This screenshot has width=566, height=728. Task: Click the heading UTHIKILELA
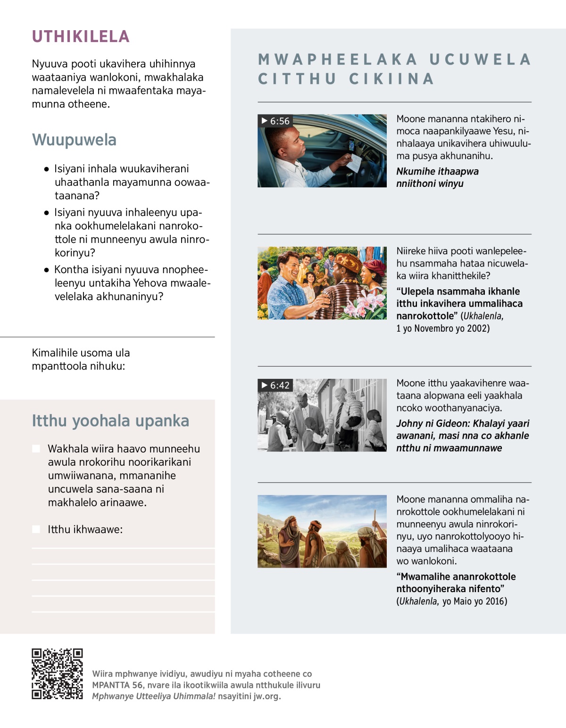point(81,37)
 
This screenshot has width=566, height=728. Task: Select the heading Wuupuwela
point(74,140)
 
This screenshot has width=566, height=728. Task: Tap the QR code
point(57,674)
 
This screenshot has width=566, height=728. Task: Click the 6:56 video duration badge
point(275,121)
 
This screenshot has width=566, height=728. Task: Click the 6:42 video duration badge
point(275,385)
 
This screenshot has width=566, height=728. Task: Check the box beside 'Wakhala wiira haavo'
point(36,449)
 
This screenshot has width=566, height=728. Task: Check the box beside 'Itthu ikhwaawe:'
point(36,529)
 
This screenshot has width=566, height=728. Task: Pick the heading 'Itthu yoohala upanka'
point(110,421)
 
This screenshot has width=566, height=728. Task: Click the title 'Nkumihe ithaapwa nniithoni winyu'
point(437,177)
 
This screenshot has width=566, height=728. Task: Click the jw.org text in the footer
point(266,696)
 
